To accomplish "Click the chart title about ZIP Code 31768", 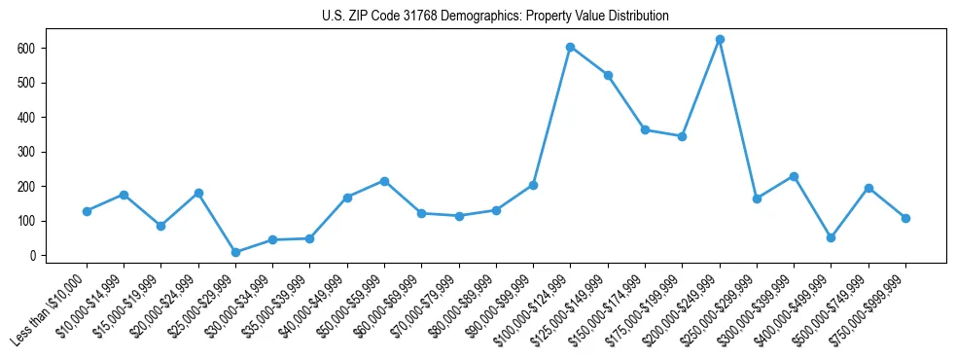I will [495, 17].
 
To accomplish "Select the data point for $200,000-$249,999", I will [720, 40].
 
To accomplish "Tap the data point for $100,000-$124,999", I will [571, 47].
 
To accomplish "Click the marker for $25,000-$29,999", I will [235, 252].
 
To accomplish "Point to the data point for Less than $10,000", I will [87, 211].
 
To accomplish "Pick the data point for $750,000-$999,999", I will [905, 218].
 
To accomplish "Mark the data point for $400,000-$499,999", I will [831, 237].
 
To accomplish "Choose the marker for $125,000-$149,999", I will [608, 75].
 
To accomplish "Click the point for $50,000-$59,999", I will [384, 181].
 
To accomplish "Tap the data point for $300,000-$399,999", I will [794, 176].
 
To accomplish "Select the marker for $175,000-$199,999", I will [682, 136].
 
